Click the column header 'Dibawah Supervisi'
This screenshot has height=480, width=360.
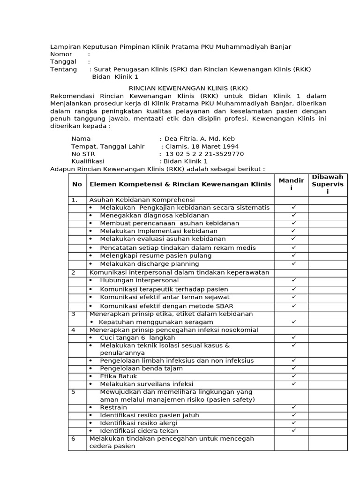(x=328, y=184)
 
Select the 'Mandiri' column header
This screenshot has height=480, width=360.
(x=291, y=184)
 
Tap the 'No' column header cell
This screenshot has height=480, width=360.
(x=77, y=184)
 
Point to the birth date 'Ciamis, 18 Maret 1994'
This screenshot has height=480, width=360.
(x=200, y=146)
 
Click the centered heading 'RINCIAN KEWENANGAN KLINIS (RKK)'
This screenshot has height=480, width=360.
(x=188, y=88)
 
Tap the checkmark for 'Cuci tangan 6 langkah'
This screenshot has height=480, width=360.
(x=293, y=337)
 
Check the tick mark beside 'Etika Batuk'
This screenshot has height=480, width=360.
(x=293, y=376)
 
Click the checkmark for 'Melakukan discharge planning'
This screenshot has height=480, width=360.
(x=293, y=263)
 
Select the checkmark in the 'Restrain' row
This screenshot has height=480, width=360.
(x=293, y=407)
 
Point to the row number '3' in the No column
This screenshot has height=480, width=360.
(x=73, y=314)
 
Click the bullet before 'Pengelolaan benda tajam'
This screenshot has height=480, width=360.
(x=91, y=368)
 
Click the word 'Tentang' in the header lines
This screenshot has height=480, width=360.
(x=63, y=69)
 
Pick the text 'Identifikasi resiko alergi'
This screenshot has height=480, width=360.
(x=139, y=423)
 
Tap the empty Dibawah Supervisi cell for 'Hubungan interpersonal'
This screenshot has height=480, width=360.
(x=328, y=280)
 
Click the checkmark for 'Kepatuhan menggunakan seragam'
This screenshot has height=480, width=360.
(x=293, y=322)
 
